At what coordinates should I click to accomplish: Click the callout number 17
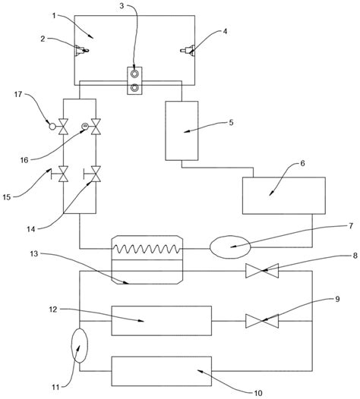(x=18, y=94)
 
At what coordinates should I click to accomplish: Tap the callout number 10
(x=258, y=393)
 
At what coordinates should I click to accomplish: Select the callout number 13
(x=34, y=253)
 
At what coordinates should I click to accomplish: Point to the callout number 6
(x=302, y=163)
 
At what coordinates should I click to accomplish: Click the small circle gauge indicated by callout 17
(x=52, y=126)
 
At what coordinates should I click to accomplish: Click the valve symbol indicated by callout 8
(x=262, y=271)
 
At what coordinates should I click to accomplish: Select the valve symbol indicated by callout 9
(x=262, y=321)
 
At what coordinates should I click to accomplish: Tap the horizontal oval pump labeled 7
(x=230, y=247)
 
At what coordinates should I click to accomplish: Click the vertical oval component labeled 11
(x=80, y=345)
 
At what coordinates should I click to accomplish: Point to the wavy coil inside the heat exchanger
(x=147, y=249)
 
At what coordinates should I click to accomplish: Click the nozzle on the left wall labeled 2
(x=81, y=50)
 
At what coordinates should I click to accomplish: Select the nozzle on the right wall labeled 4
(x=188, y=50)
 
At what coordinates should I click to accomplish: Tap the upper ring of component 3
(x=134, y=74)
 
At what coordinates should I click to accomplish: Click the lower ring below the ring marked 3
(x=134, y=88)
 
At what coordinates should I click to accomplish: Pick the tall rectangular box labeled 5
(x=182, y=130)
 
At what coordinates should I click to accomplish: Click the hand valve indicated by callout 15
(x=60, y=174)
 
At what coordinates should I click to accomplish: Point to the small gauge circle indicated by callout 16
(x=85, y=126)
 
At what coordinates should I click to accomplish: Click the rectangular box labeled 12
(x=162, y=321)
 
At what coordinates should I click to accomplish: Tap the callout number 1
(x=54, y=16)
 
